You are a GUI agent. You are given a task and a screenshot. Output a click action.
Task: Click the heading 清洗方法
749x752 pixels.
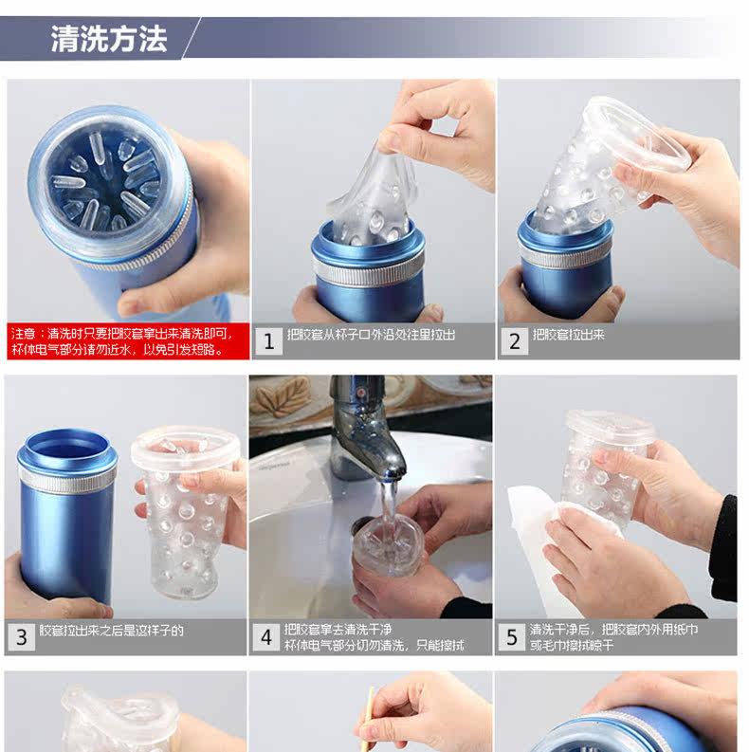point(109,38)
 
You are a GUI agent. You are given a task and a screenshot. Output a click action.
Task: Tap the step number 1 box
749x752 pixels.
point(268,341)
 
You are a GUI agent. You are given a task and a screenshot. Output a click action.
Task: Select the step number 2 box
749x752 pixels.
point(515,341)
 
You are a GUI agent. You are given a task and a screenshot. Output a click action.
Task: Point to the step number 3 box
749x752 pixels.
point(22,637)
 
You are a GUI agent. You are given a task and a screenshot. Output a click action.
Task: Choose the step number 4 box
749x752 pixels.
point(266,637)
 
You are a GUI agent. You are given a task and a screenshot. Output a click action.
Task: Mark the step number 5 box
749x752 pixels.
point(512,637)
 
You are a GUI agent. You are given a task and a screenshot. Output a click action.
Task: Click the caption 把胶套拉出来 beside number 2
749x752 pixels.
point(568,335)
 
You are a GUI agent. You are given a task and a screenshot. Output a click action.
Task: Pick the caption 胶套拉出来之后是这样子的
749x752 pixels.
point(111,631)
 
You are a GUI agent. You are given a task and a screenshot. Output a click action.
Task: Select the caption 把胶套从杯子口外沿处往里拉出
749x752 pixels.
point(371,335)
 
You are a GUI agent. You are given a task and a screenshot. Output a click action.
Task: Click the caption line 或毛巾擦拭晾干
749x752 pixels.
point(572,645)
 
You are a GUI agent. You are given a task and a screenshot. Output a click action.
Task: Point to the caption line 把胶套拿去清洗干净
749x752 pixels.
point(338,629)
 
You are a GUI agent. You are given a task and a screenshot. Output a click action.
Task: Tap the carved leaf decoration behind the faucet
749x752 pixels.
point(282,396)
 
